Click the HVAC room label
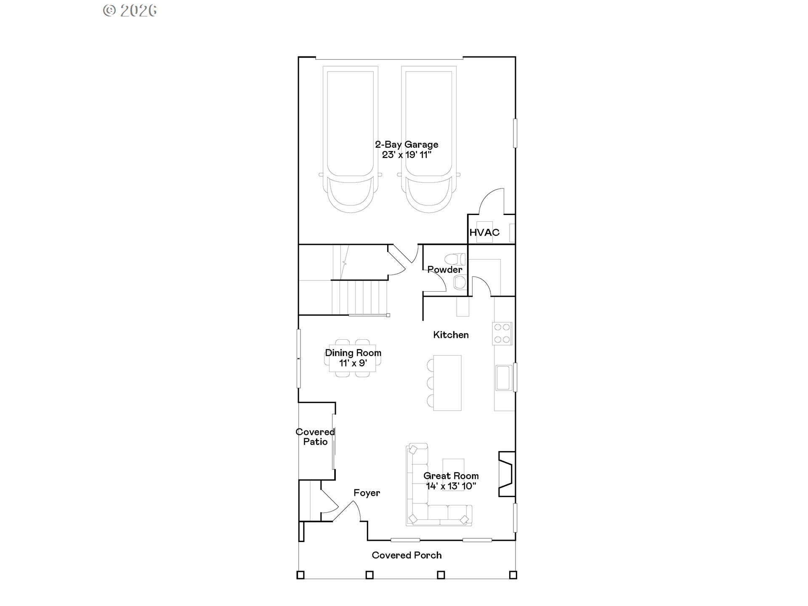[484, 232]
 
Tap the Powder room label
[444, 269]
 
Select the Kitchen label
[451, 335]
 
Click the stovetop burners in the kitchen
[502, 333]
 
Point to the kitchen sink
[503, 378]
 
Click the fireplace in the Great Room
[506, 474]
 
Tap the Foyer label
[367, 493]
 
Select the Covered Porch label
[407, 555]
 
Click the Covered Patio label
[315, 437]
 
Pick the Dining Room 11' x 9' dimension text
[353, 363]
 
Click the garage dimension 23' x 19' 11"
[407, 155]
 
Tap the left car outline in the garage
[351, 139]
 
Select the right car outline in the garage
[429, 139]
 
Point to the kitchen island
[447, 383]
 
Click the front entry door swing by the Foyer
[348, 511]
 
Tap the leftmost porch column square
[300, 575]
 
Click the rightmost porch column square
[513, 575]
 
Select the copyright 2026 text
[130, 11]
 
